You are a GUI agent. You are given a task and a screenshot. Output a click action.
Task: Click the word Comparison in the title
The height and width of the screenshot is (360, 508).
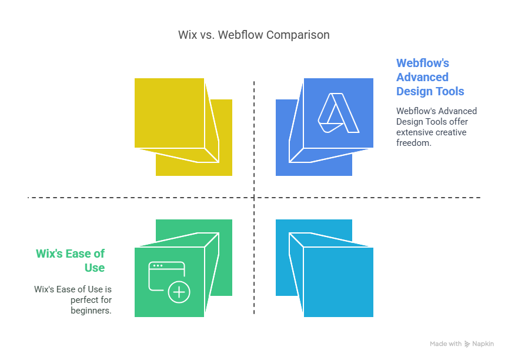(x=298, y=35)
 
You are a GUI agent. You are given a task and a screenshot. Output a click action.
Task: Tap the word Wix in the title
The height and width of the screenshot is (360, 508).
(x=187, y=35)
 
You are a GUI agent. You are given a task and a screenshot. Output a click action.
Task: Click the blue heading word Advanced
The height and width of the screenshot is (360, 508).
(x=423, y=77)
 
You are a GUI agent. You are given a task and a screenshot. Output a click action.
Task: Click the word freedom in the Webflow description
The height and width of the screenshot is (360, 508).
(x=414, y=143)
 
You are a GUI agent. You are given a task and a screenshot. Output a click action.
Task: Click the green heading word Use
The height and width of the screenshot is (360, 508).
(x=95, y=268)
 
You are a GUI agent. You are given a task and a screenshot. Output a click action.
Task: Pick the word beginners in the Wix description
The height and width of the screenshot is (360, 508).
(x=91, y=311)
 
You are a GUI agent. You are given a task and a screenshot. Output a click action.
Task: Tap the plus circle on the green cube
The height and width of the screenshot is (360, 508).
(x=179, y=292)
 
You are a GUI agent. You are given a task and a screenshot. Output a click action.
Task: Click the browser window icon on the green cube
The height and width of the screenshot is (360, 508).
(x=166, y=276)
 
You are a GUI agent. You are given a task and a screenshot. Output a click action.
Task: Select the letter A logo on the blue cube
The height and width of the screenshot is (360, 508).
(x=339, y=113)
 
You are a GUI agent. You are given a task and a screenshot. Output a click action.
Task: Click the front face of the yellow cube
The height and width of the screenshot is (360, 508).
(x=169, y=113)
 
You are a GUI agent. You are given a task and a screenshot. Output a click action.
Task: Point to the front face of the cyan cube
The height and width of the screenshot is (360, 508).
(x=339, y=282)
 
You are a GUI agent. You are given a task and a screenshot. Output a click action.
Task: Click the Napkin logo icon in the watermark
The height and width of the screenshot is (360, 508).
(x=467, y=344)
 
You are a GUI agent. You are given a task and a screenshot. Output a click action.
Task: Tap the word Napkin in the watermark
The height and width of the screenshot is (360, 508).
(x=483, y=344)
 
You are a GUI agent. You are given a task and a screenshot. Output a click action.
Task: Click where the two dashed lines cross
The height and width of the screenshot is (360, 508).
(x=254, y=197)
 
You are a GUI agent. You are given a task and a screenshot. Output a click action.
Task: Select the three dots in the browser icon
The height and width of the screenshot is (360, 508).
(x=158, y=265)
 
